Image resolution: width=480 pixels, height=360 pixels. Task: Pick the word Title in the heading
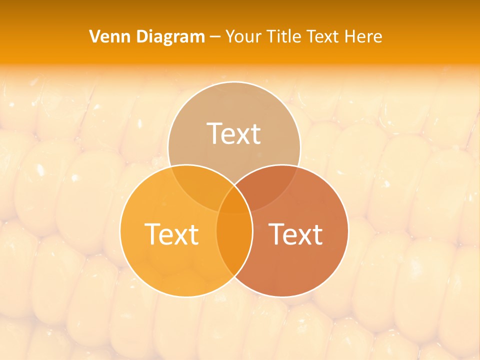point(284,36)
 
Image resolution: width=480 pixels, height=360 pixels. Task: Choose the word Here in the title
point(366,36)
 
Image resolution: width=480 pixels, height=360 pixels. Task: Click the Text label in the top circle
point(234,134)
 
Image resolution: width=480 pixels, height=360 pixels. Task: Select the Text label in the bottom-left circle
point(171,234)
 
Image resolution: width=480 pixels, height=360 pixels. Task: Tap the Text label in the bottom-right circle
point(295,234)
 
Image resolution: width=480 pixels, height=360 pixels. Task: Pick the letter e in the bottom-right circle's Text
point(293,236)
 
